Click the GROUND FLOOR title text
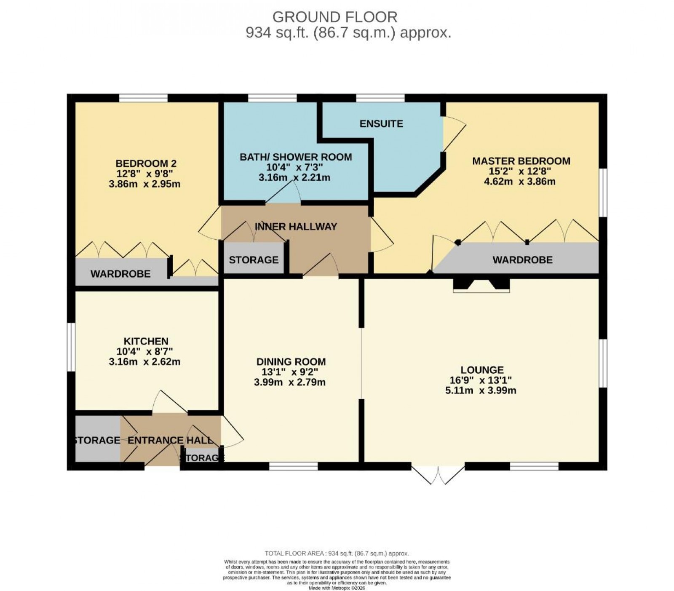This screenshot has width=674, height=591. [335, 17]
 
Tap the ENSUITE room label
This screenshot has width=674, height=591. [381, 123]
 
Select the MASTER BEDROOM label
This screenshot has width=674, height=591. [521, 161]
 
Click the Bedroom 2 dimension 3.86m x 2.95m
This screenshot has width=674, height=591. [144, 184]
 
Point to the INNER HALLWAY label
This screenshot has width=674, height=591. [296, 227]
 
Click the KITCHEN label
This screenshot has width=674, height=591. [146, 341]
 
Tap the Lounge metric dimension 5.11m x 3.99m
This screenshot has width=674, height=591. [481, 390]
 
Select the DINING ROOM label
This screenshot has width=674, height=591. [291, 362]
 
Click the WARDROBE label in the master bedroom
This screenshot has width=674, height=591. [522, 260]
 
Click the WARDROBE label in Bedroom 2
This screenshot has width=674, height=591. [120, 274]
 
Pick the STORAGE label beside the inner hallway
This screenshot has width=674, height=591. [254, 260]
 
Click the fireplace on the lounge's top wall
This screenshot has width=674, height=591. [481, 285]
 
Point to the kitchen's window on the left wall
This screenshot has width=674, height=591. [71, 347]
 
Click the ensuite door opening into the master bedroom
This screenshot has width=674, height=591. [453, 134]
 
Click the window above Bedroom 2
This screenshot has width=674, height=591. [143, 98]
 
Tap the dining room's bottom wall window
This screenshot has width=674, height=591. [293, 466]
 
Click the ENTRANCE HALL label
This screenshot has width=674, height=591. [170, 441]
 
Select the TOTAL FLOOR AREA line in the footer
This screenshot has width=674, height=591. [337, 554]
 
